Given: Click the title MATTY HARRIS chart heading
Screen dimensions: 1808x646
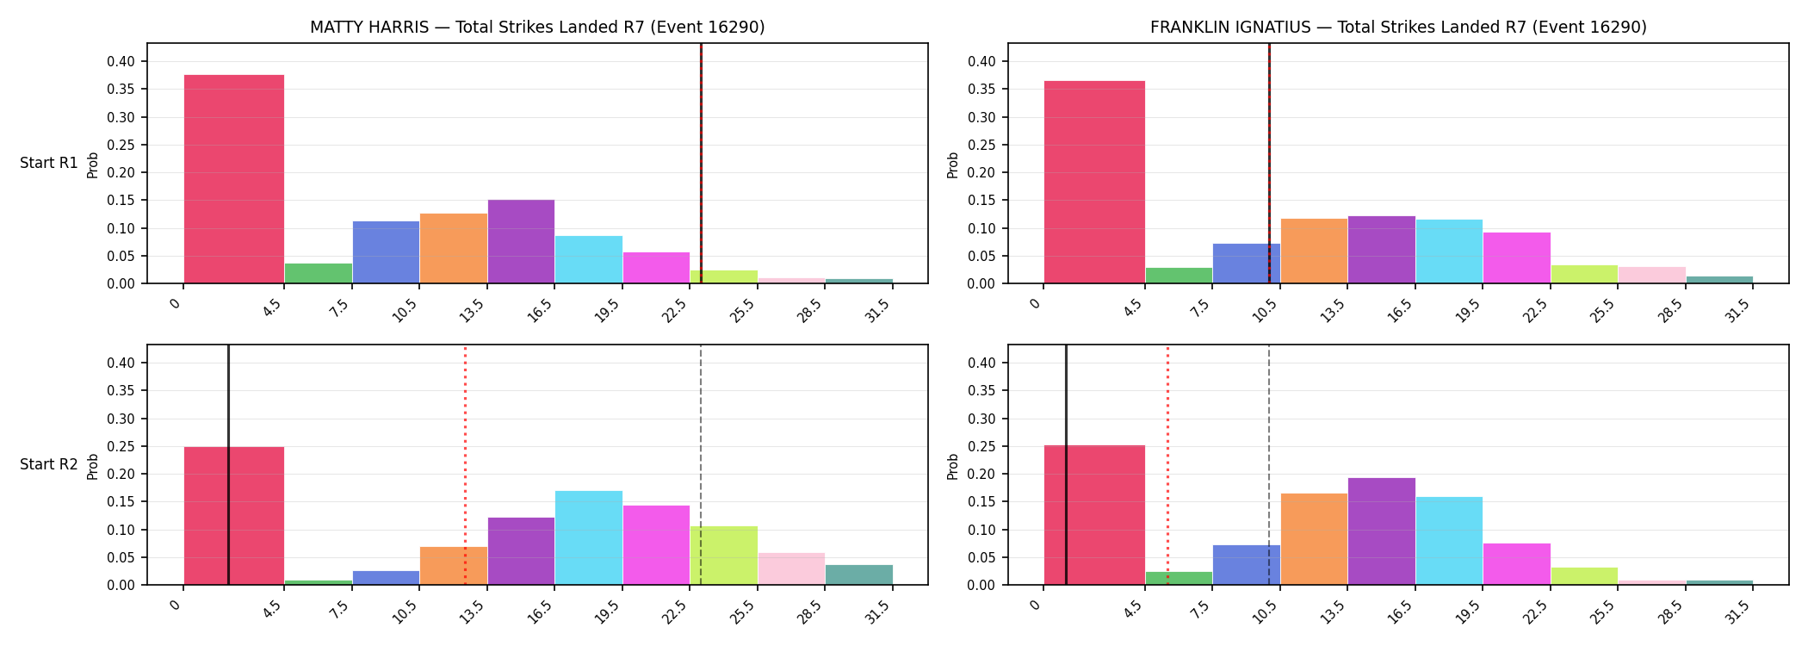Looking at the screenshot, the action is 537,27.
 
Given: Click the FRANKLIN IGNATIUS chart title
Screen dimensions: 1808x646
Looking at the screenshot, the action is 1398,27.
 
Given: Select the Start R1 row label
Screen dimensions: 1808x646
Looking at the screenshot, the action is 49,163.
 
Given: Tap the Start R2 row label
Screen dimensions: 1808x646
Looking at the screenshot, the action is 49,464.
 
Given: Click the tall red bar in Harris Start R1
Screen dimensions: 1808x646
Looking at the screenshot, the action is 234,179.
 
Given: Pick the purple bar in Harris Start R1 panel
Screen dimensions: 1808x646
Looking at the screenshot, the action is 521,241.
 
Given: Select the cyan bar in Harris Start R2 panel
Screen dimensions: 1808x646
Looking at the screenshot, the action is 589,537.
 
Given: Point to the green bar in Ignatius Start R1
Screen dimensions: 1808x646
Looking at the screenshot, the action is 1179,276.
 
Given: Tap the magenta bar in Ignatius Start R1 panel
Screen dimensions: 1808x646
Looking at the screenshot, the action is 1517,258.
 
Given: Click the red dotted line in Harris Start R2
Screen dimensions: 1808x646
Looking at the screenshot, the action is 465,465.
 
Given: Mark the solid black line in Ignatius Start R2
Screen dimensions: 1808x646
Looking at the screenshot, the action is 1066,465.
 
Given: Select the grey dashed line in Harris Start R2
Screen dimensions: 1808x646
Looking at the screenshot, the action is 701,465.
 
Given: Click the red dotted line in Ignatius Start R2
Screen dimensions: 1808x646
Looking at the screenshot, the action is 1167,465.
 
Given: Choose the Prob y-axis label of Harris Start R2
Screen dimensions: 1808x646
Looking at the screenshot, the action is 93,466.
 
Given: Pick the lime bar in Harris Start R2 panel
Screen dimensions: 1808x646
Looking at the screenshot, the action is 724,556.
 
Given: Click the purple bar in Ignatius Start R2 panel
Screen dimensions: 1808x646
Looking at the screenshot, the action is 1382,531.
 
